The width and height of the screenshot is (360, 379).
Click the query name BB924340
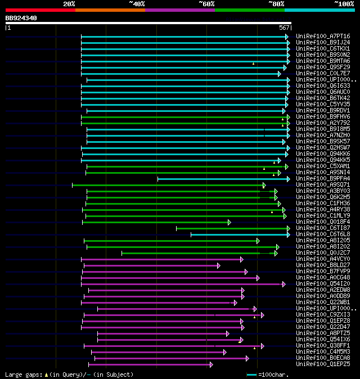coord(21,18)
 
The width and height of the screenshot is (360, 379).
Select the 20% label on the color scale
coord(69,3)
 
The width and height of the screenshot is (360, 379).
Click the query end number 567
coord(284,28)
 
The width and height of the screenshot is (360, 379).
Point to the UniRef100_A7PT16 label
coord(322,36)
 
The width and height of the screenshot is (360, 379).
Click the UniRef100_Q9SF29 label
coord(322,67)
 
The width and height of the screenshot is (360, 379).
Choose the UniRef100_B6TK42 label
coord(322,98)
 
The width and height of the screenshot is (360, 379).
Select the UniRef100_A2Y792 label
coord(322,123)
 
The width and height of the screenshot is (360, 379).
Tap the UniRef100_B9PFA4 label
coord(322,178)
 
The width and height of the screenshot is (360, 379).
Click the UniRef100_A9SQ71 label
coord(322,184)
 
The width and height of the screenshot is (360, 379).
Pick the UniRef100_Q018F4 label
coord(322,222)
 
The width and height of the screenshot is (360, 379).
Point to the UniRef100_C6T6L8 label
coord(322,234)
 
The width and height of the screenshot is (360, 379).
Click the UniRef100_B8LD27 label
coord(322,265)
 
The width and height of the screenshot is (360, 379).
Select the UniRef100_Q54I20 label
coord(322,283)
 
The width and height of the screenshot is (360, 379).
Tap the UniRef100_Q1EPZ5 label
coord(322,364)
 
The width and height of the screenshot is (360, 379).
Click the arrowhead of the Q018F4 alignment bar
coord(229,222)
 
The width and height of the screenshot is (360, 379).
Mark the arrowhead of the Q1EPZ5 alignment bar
coord(211,364)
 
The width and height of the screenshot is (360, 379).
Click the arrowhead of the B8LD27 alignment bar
coord(218,265)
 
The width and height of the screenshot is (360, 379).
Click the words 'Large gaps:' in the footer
coord(24,375)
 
